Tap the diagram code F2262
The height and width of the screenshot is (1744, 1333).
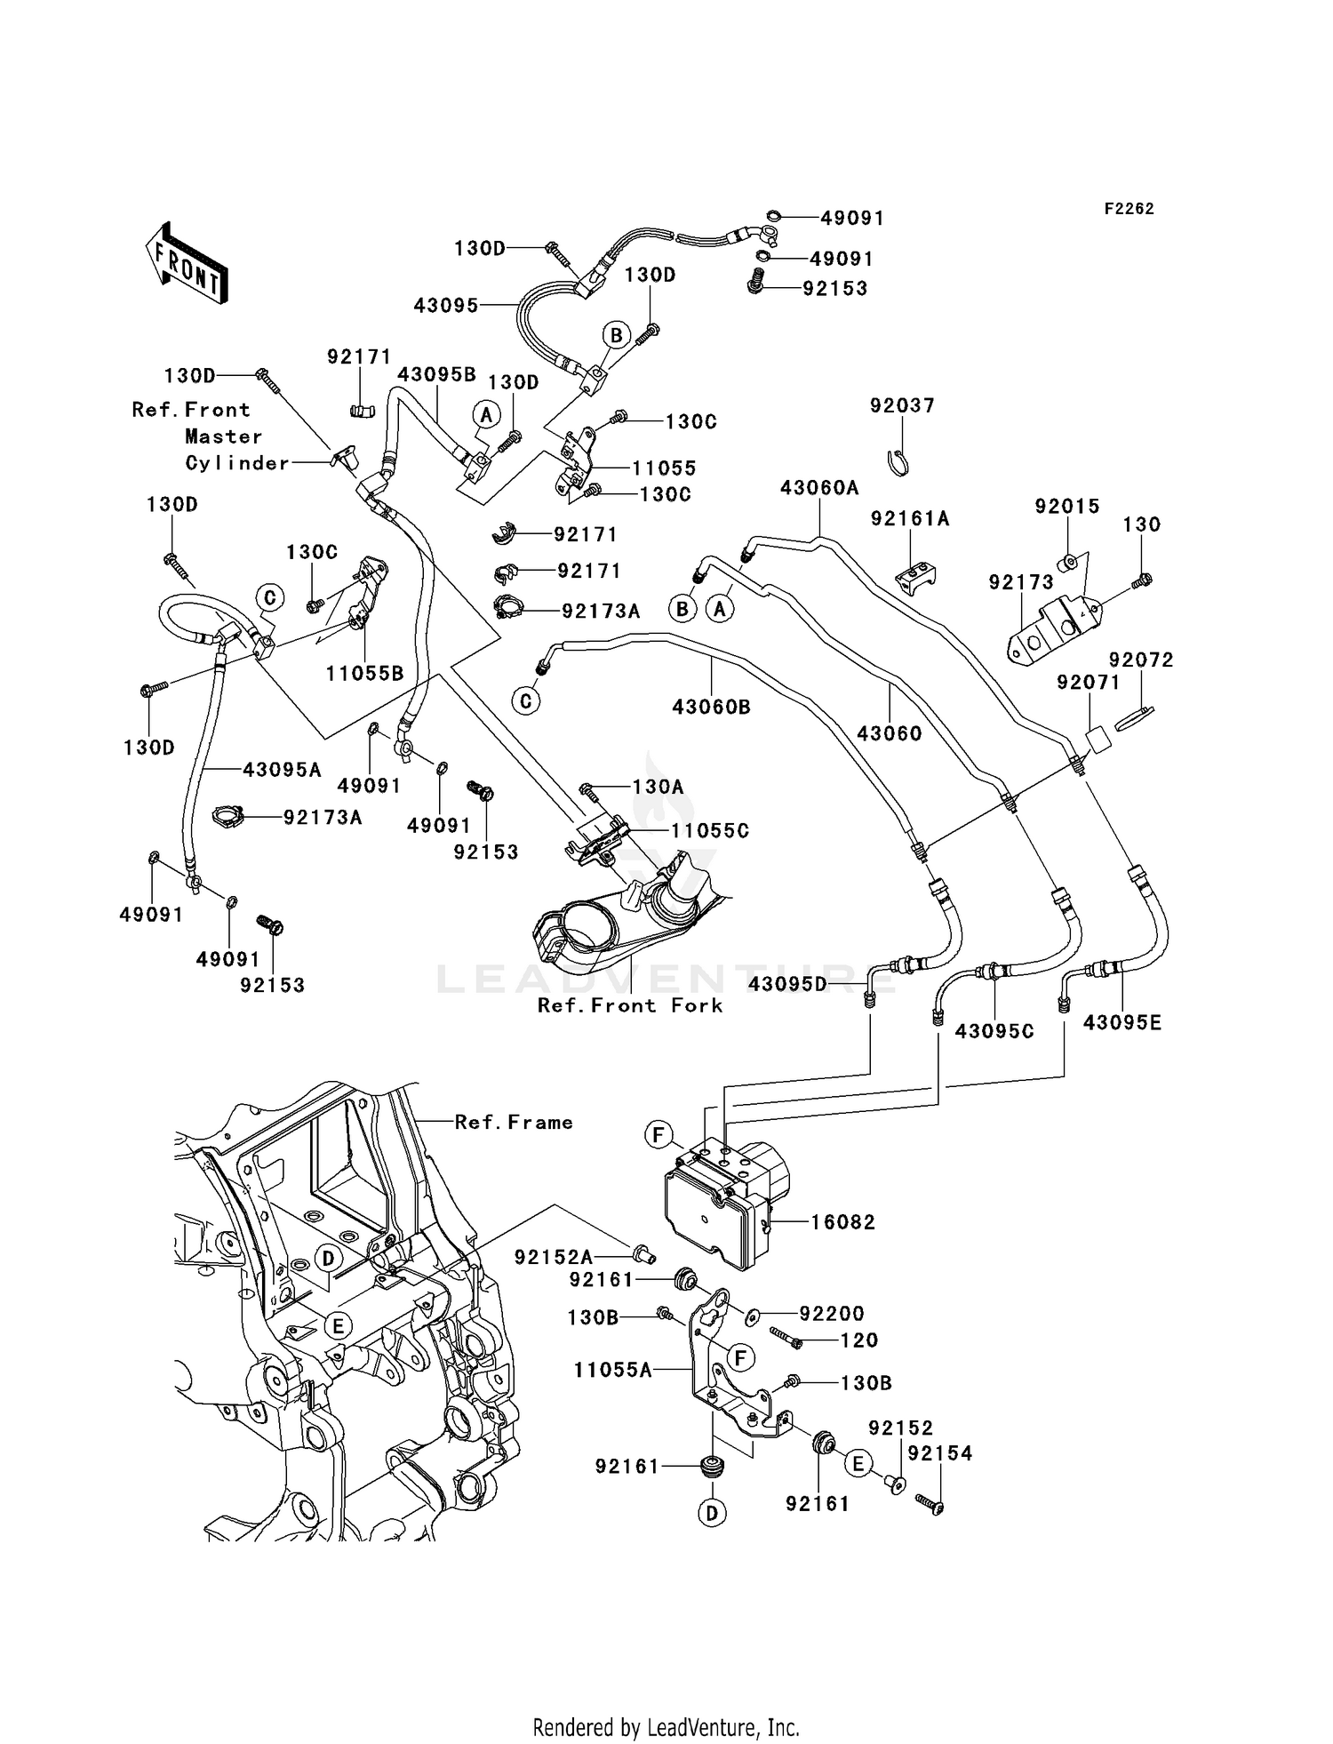(x=1129, y=209)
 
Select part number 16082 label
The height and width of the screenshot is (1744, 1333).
(x=842, y=1222)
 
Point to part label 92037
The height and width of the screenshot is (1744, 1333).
(x=902, y=406)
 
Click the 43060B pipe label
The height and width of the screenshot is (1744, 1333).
(x=711, y=708)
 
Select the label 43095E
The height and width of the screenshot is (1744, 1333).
(x=1121, y=1023)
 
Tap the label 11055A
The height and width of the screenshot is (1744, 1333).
(x=612, y=1371)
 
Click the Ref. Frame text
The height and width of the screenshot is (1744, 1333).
(x=514, y=1123)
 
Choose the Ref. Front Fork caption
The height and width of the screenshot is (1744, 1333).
(x=629, y=1005)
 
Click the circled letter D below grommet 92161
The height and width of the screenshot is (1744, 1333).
(x=713, y=1513)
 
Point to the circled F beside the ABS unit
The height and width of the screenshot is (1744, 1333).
(x=659, y=1135)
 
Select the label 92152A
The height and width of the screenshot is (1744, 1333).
(x=553, y=1257)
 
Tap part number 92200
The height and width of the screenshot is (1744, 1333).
(x=832, y=1314)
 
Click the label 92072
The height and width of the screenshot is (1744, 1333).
(x=1141, y=660)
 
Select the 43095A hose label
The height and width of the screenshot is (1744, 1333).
(x=282, y=770)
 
